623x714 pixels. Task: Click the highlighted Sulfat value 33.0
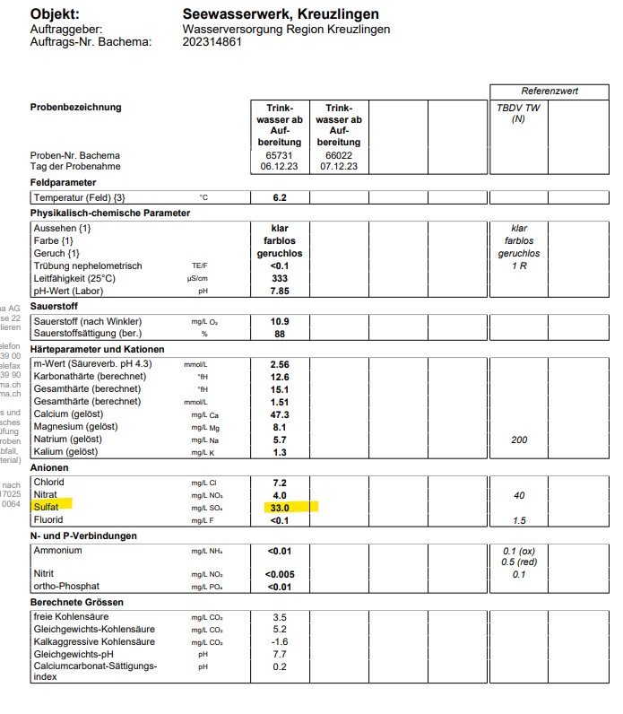pyautogui.click(x=280, y=508)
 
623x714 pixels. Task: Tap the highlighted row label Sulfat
pyautogui.click(x=48, y=508)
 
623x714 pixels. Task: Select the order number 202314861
pyautogui.click(x=212, y=41)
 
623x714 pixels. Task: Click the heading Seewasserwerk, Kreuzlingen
pyautogui.click(x=280, y=14)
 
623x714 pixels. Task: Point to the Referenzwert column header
pyautogui.click(x=549, y=91)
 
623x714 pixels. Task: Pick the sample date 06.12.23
pyautogui.click(x=279, y=166)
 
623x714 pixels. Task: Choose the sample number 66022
pyautogui.click(x=338, y=154)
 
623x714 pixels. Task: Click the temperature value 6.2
pyautogui.click(x=280, y=197)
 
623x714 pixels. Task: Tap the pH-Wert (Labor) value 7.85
pyautogui.click(x=280, y=291)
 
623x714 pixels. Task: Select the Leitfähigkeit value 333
pyautogui.click(x=280, y=278)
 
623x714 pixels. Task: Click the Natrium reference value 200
pyautogui.click(x=519, y=440)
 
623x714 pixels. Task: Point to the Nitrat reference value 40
pyautogui.click(x=519, y=495)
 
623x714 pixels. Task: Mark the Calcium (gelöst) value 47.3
pyautogui.click(x=280, y=414)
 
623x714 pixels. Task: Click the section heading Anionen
pyautogui.click(x=50, y=468)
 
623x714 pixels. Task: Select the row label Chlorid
pyautogui.click(x=49, y=483)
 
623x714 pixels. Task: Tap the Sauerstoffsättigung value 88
pyautogui.click(x=280, y=334)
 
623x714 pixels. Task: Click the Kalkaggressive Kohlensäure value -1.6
pyautogui.click(x=280, y=642)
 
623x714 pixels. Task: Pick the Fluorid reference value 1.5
pyautogui.click(x=519, y=520)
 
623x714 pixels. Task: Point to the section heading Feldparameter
pyautogui.click(x=63, y=182)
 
